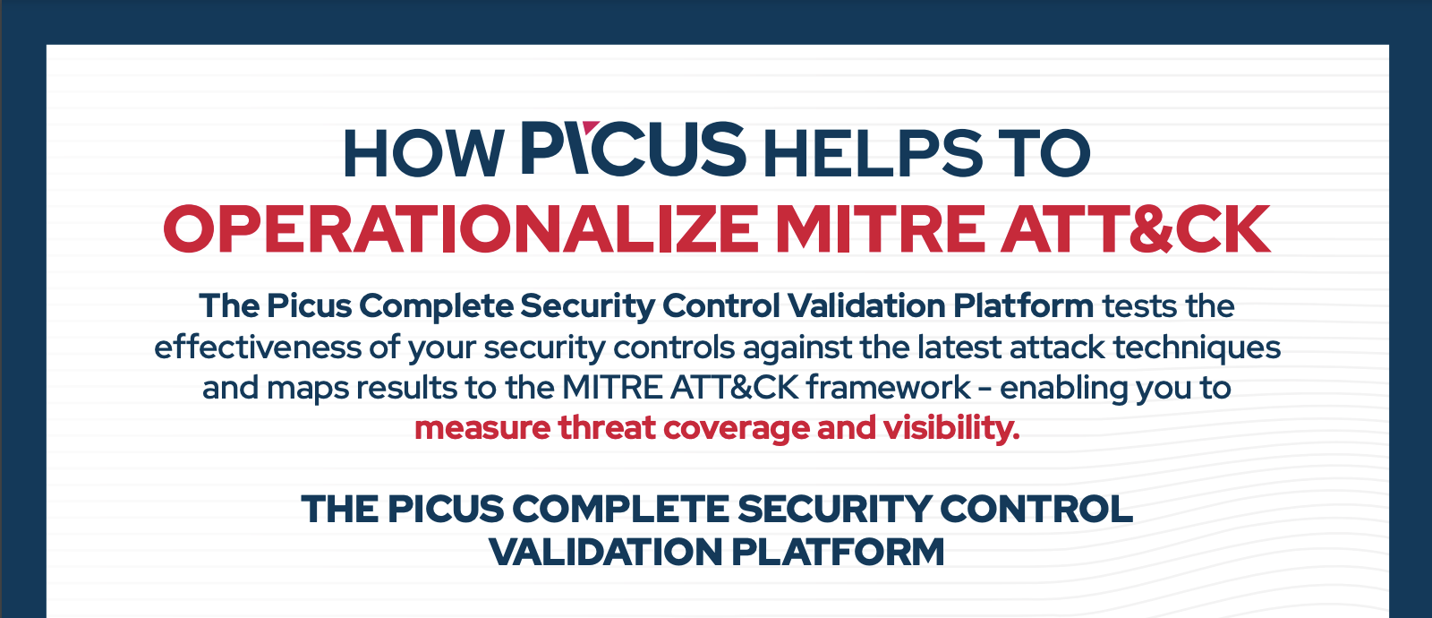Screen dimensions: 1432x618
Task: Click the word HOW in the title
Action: [x=424, y=153]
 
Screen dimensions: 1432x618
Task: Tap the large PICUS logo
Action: [x=634, y=149]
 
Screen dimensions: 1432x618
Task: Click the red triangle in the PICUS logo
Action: [x=591, y=127]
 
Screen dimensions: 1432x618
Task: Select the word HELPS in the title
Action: [x=873, y=153]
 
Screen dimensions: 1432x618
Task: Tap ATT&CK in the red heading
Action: [x=1136, y=229]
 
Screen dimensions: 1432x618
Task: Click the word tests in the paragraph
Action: [x=1140, y=306]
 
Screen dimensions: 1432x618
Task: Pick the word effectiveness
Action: [x=257, y=348]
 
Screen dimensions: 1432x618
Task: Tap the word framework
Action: [x=888, y=388]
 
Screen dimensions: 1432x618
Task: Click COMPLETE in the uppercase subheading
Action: [x=620, y=510]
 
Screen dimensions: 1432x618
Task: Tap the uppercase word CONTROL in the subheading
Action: [x=1036, y=510]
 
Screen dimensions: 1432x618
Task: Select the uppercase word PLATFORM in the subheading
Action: [x=838, y=552]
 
